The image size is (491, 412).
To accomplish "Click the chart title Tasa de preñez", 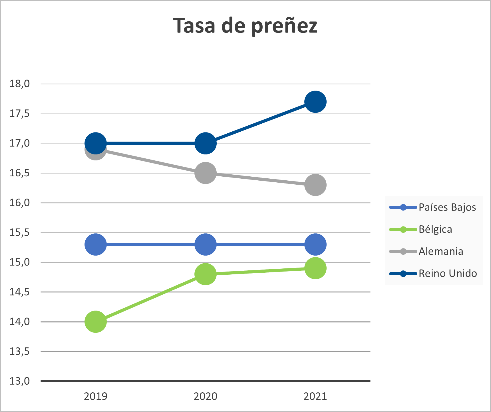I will pos(245,26).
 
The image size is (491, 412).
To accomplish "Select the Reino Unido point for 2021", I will pos(315,102).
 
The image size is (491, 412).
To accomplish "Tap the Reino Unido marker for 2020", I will pos(206,143).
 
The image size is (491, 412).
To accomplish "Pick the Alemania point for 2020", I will pos(206,173).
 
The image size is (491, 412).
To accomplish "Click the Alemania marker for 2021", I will pos(315,185).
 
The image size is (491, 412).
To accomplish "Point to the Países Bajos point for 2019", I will pos(96,244).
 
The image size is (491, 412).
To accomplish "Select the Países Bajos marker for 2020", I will pos(206,244).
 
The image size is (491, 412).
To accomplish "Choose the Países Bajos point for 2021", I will pos(315,244).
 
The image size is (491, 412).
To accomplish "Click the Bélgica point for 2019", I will pos(96,322).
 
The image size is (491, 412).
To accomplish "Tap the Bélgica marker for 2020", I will pos(206,274).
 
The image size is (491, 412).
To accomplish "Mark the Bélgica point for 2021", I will pos(315,268).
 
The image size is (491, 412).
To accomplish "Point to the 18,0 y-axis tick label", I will pos(20,84).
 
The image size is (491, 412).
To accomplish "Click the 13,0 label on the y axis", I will pos(20,381).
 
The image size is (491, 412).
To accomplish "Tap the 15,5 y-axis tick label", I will pos(20,232).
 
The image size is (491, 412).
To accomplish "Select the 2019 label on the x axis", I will pos(96,396).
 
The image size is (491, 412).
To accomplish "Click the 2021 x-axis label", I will pos(315,396).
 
